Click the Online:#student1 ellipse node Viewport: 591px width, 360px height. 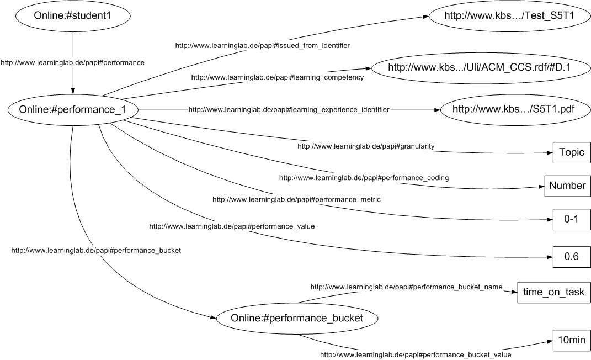point(73,16)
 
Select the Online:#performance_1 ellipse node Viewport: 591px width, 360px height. point(72,110)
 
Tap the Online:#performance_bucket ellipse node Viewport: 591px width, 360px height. point(297,318)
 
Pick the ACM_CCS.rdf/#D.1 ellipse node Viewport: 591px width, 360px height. point(479,68)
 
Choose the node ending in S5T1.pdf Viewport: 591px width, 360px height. point(513,109)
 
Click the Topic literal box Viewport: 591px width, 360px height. point(571,152)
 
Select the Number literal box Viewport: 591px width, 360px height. point(567,186)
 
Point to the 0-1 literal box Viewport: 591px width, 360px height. point(571,219)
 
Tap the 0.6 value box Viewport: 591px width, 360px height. point(571,257)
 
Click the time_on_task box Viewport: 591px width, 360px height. point(553,293)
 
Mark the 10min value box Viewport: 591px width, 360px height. point(571,340)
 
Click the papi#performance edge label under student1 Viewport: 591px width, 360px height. point(73,63)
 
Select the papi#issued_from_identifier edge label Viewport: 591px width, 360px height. point(262,45)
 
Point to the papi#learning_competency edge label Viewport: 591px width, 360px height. point(277,77)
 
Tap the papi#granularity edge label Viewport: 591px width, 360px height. point(366,146)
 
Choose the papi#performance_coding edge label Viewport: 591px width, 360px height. point(364,178)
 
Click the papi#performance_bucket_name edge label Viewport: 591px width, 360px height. point(406,287)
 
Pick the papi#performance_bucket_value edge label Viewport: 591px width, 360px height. point(416,354)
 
